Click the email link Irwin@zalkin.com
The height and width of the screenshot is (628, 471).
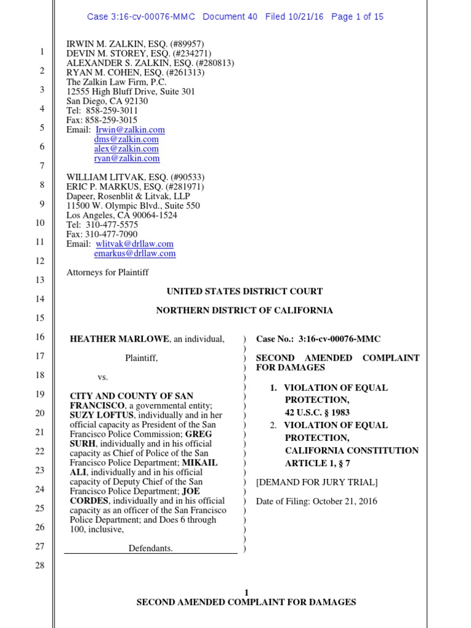pos(130,130)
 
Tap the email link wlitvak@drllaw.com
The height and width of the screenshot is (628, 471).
pos(134,243)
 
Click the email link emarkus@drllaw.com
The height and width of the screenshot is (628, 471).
pos(134,253)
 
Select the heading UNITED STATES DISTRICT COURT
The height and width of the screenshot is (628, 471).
pos(245,291)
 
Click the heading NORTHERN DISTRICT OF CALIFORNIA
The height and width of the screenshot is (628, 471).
pos(245,310)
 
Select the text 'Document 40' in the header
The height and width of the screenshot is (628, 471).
pos(230,17)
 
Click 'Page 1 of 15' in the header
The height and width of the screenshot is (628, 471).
pos(357,17)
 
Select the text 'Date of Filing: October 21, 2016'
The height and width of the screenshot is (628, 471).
pos(316,501)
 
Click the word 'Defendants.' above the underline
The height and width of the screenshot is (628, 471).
pos(150,548)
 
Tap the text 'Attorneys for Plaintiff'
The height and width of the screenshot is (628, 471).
pos(107,272)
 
